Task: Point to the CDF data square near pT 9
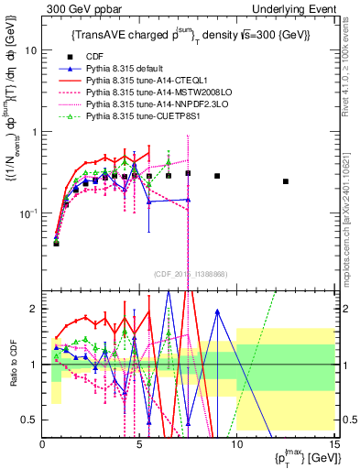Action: (217, 176)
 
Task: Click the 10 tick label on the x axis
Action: (236, 445)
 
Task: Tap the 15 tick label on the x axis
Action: (333, 445)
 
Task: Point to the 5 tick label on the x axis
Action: (139, 445)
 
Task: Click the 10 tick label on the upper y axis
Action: (29, 50)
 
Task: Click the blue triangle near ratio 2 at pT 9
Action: (217, 311)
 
